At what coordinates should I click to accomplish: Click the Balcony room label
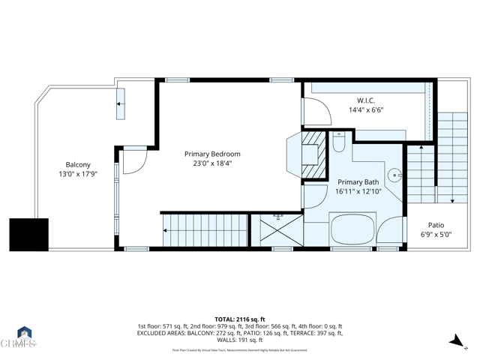pos(78,165)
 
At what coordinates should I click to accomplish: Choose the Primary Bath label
pos(358,182)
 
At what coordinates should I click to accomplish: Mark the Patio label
pos(436,225)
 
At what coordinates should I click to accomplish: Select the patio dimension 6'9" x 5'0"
pos(436,235)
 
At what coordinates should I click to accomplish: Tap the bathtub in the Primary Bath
pos(352,229)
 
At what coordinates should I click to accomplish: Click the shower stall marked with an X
pos(277,229)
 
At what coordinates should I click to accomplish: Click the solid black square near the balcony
pos(28,234)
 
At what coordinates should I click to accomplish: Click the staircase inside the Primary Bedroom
pos(204,229)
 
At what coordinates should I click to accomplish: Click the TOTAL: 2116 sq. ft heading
pos(240,318)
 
